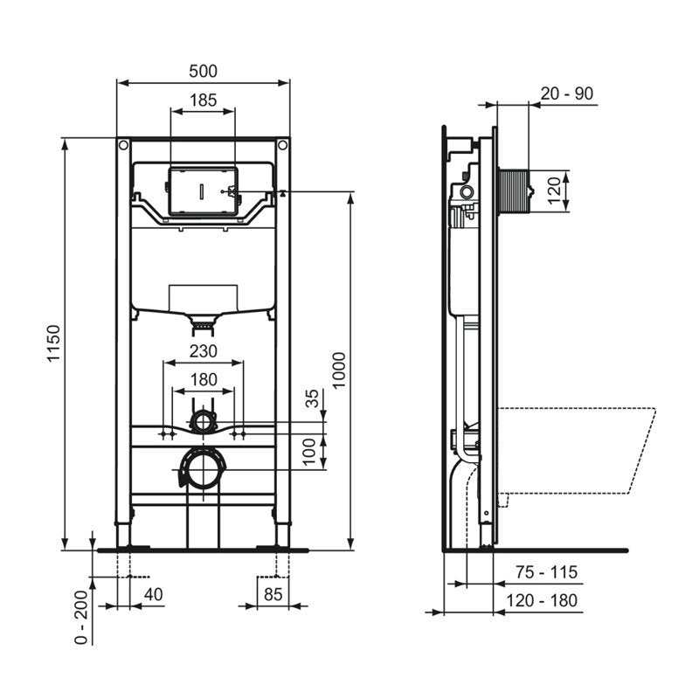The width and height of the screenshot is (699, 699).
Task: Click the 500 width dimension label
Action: (x=203, y=72)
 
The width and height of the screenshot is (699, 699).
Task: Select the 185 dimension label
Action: (x=204, y=100)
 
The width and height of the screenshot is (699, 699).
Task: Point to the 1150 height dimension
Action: (x=54, y=343)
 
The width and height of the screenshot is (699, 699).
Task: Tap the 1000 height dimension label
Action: (x=339, y=370)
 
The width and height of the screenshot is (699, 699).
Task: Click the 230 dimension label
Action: (x=204, y=351)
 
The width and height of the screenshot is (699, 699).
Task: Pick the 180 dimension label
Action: (x=204, y=380)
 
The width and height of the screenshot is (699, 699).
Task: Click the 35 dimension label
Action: (x=313, y=398)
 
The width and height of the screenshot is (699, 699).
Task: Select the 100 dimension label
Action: (x=309, y=451)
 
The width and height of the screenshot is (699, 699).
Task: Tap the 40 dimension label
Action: (x=154, y=594)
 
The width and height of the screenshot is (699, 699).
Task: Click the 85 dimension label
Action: (x=273, y=594)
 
